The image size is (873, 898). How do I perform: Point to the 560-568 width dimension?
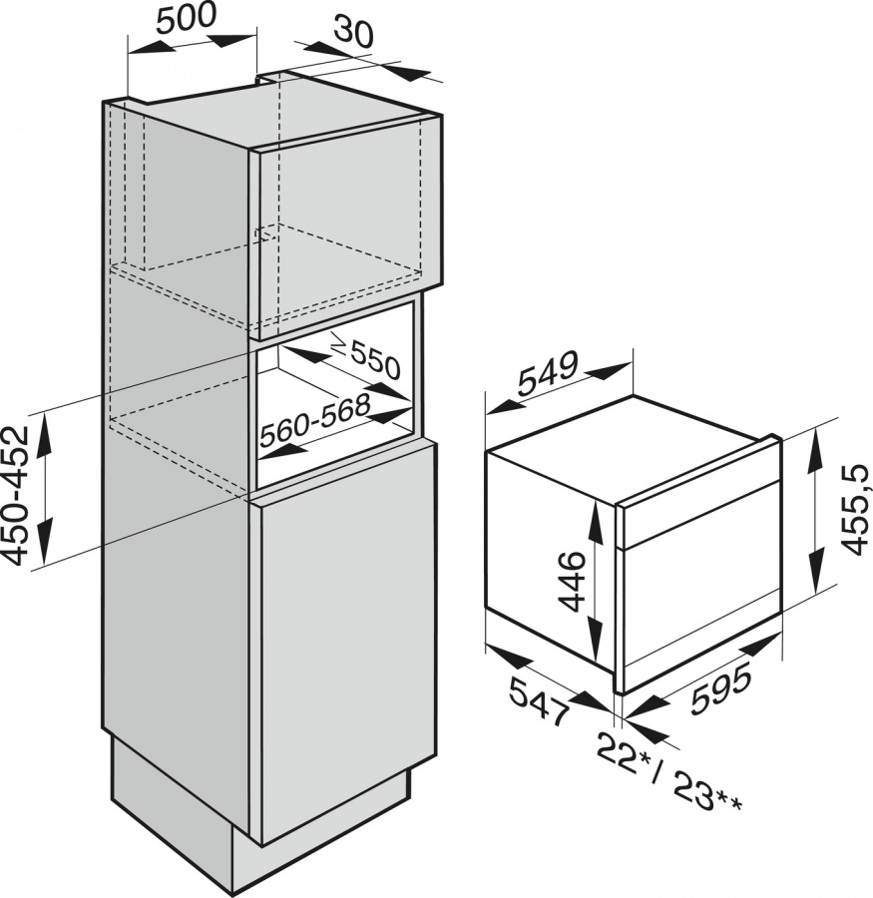314,421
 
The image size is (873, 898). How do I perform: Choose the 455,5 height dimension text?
856,510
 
